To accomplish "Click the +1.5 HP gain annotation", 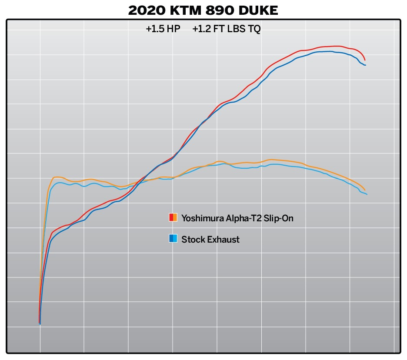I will [163, 29].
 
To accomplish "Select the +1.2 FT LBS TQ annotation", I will [226, 29].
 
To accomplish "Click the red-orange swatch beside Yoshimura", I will [173, 218].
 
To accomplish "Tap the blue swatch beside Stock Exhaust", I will [173, 238].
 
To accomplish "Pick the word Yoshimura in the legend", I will [202, 218].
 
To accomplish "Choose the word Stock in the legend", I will [191, 239].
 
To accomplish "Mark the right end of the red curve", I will [365, 60].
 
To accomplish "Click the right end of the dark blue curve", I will [365, 65].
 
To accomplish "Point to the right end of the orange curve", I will [365, 190].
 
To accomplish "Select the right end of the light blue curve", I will [367, 194].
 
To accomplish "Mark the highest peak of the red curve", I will [335, 46].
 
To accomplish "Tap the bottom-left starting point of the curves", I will [40, 323].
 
